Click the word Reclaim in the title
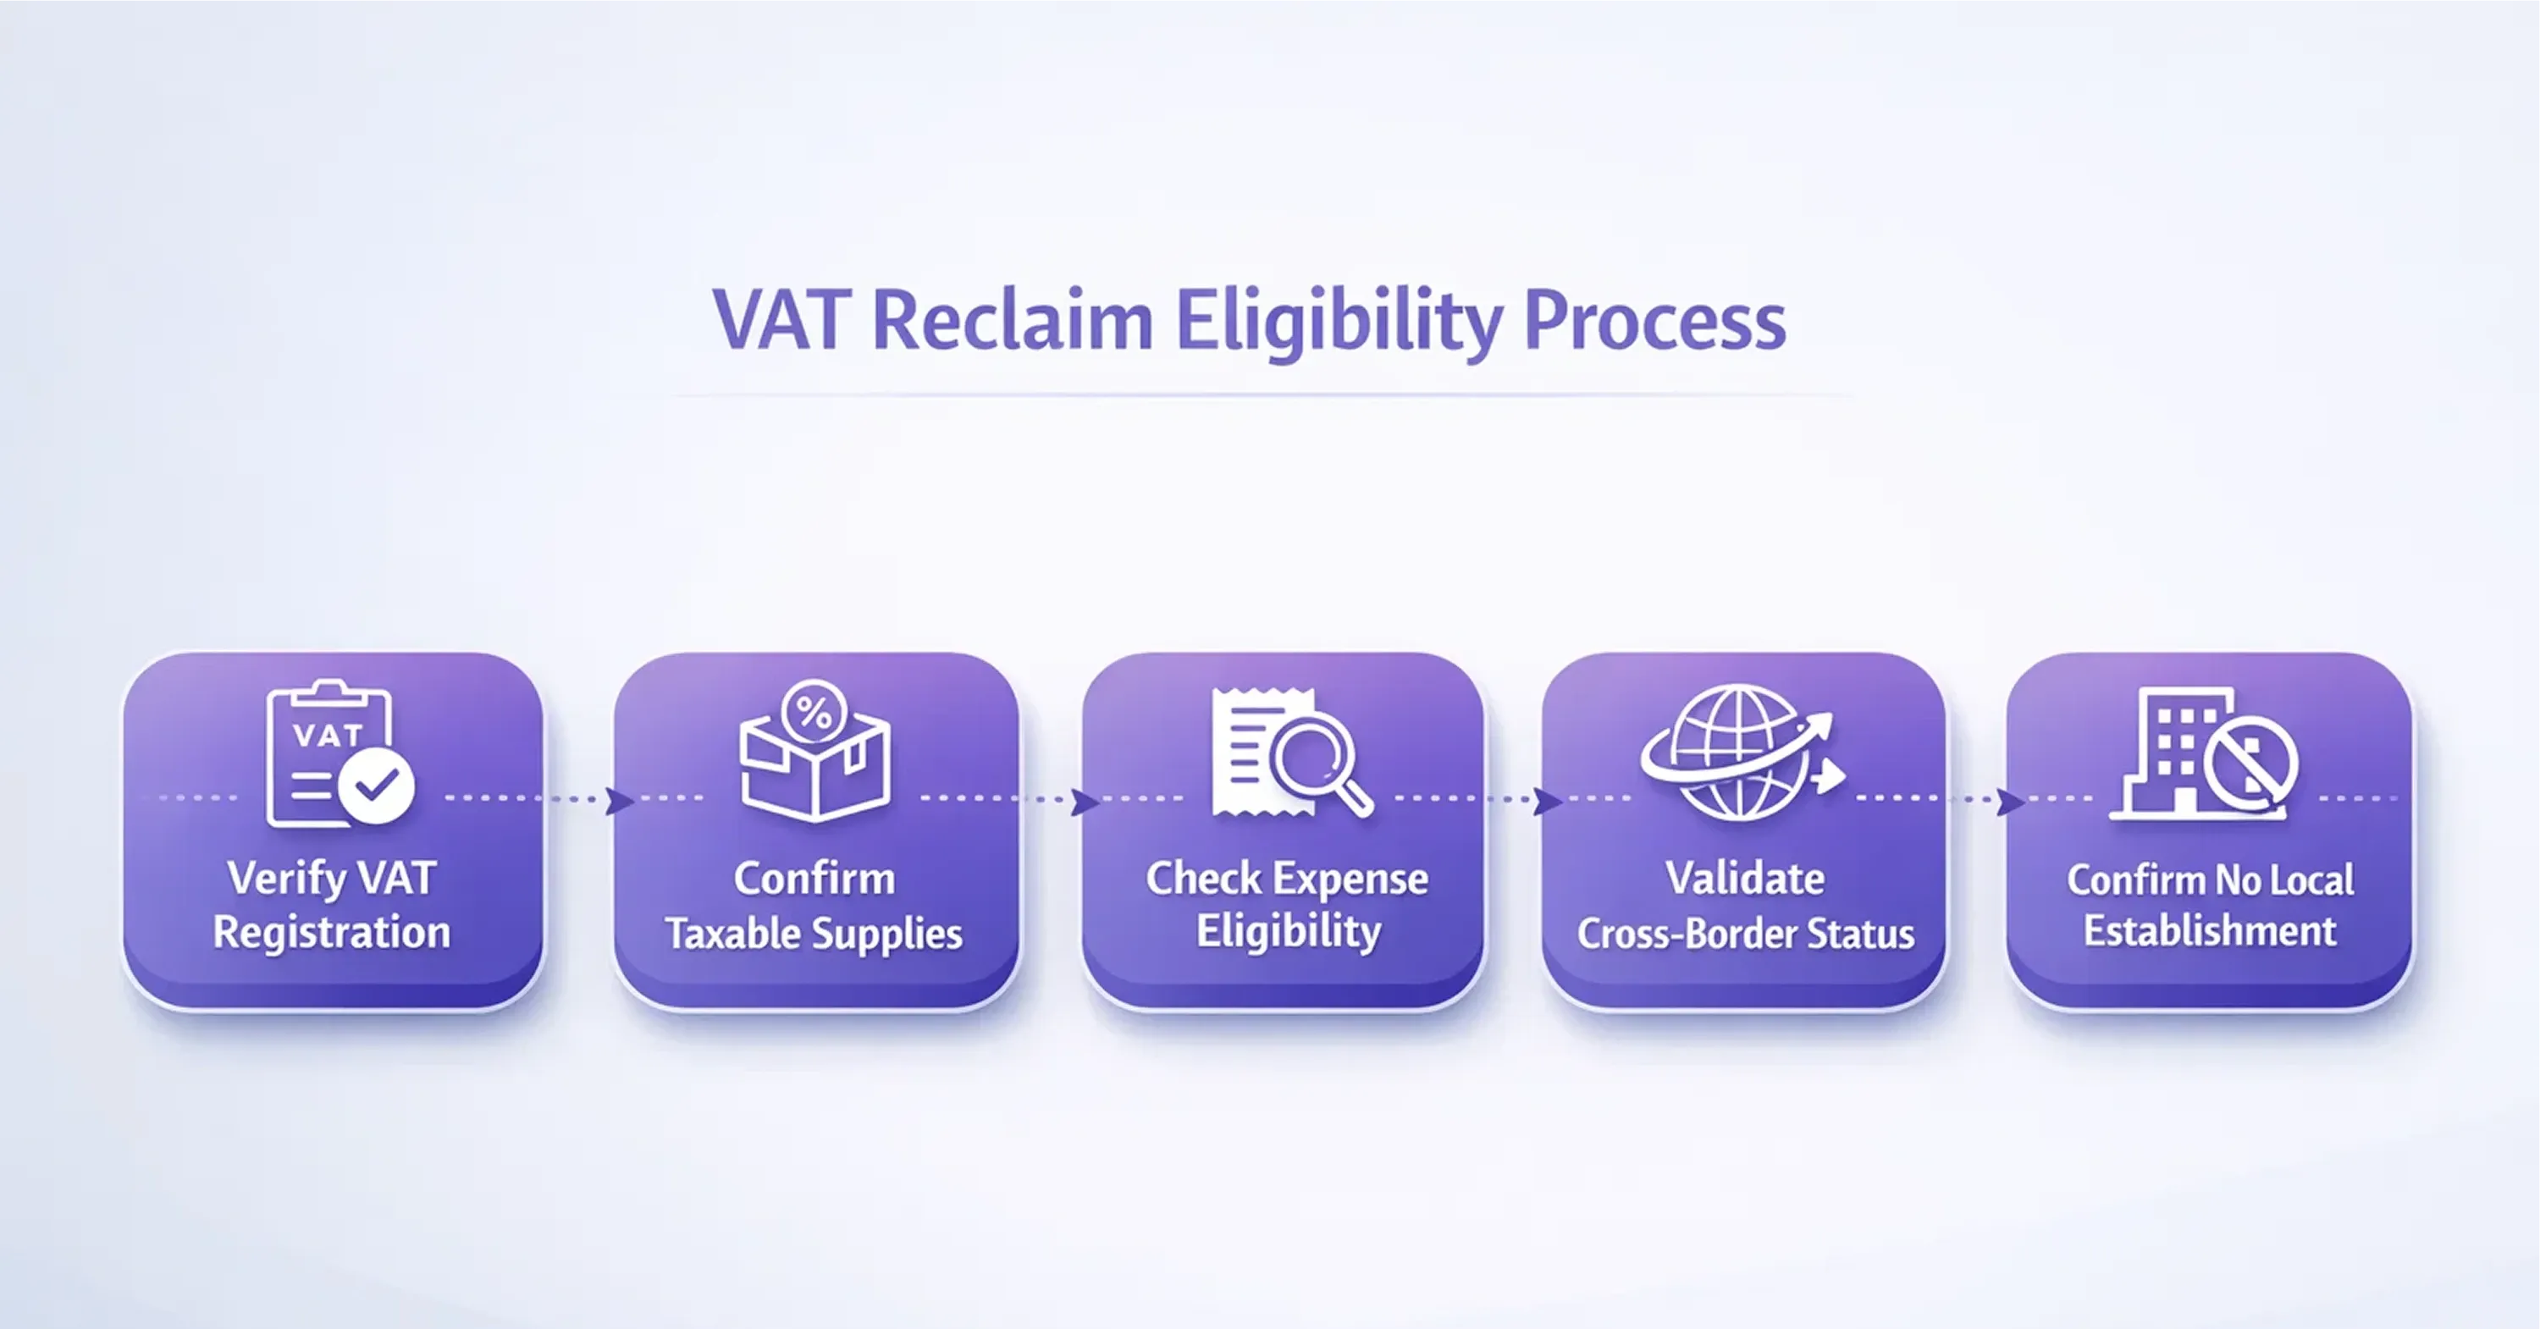(x=1013, y=321)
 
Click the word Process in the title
(x=1654, y=323)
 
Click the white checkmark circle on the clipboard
(x=376, y=786)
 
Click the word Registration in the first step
(x=331, y=933)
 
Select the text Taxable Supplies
(x=814, y=934)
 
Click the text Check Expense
(x=1287, y=879)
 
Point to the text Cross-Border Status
(x=1745, y=934)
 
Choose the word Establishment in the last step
(x=2210, y=932)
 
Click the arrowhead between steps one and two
(x=619, y=801)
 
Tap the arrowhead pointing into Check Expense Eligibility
(x=1085, y=802)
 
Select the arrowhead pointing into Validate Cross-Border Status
(x=1547, y=802)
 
